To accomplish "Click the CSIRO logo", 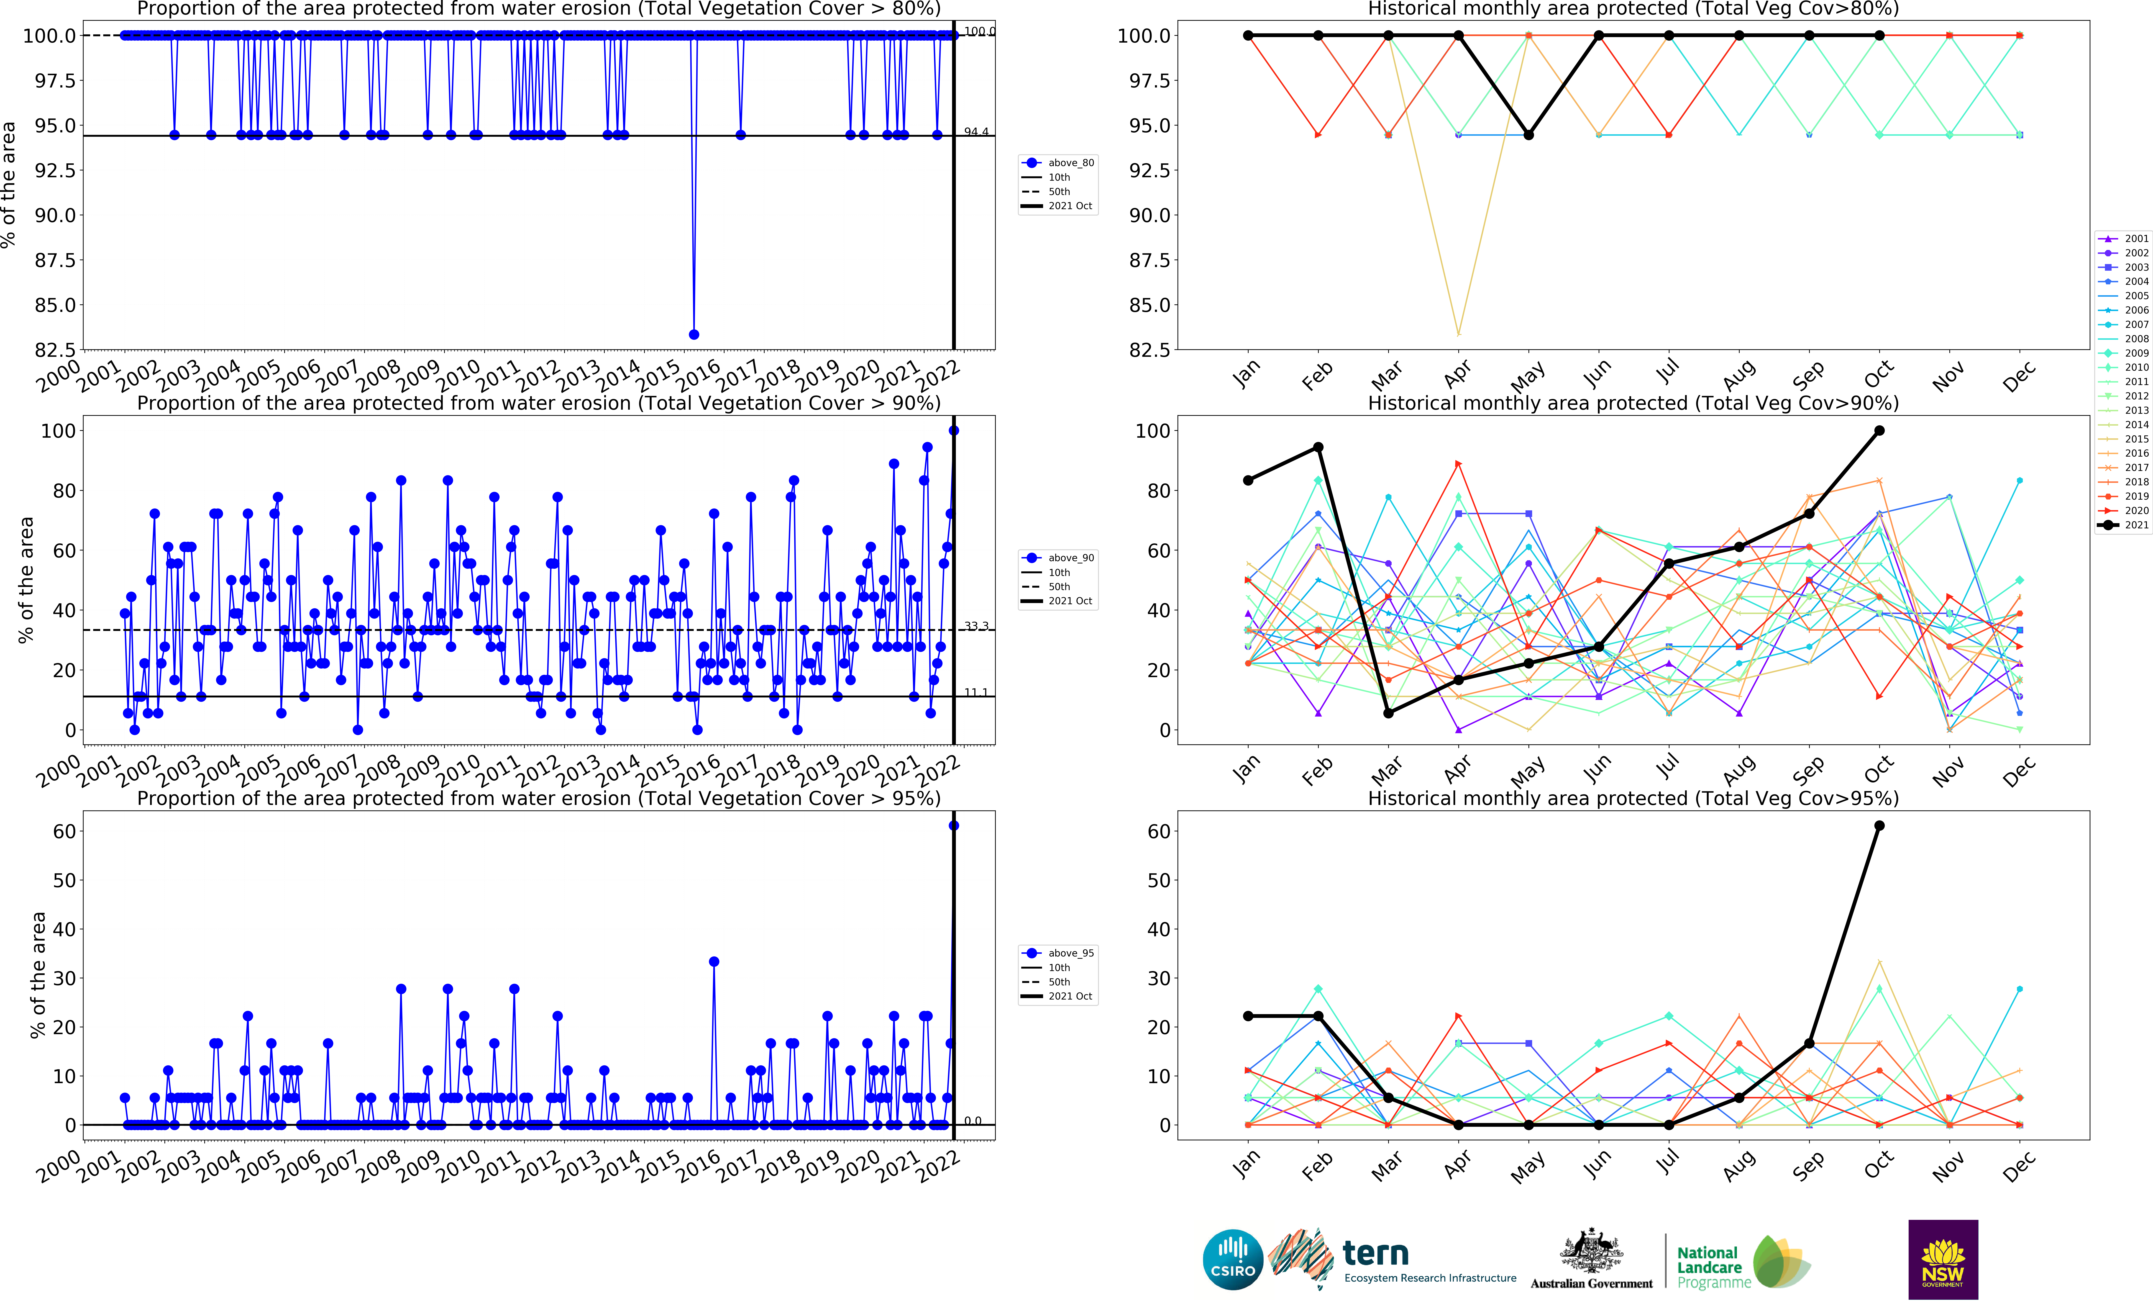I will click(1233, 1260).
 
